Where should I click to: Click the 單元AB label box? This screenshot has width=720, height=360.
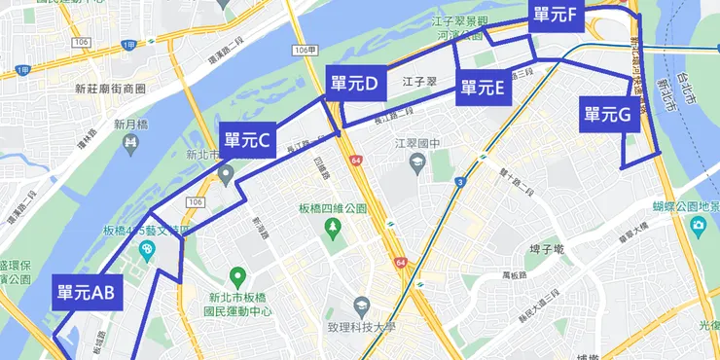pyautogui.click(x=87, y=292)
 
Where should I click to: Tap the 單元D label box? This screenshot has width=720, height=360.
pyautogui.click(x=354, y=85)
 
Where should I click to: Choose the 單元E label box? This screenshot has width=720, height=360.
pyautogui.click(x=483, y=88)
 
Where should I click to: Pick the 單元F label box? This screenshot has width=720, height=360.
pyautogui.click(x=556, y=16)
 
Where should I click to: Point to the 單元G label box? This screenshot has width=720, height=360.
pyautogui.click(x=608, y=115)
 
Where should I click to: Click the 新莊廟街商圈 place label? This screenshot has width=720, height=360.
pyautogui.click(x=110, y=88)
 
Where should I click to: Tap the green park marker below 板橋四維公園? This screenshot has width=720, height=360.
pyautogui.click(x=334, y=228)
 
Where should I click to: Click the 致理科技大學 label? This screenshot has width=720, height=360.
pyautogui.click(x=348, y=329)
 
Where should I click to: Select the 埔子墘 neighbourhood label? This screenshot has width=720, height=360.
pyautogui.click(x=545, y=250)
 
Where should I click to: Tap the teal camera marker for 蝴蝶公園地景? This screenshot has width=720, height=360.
pyautogui.click(x=698, y=227)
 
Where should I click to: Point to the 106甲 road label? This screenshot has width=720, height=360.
pyautogui.click(x=305, y=50)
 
